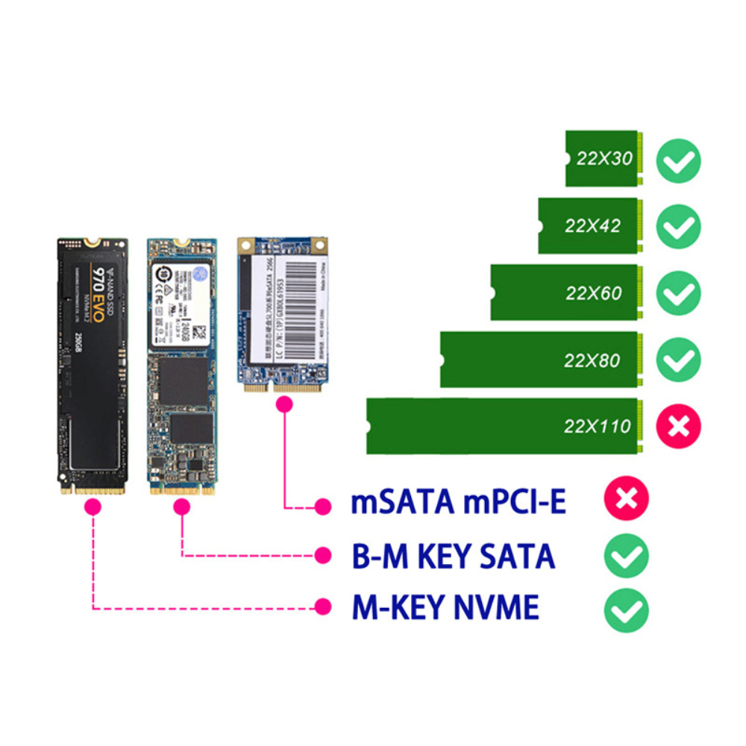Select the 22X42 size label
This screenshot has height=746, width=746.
pos(592,226)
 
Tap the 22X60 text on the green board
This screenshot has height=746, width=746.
pos(593,293)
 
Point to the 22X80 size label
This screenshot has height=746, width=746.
pos(592,360)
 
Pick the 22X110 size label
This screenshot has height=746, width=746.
pos(597,427)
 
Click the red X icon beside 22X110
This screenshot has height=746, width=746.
pos(678,427)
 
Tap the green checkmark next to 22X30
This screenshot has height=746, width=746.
pos(678,161)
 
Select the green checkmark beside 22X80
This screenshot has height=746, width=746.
pos(678,360)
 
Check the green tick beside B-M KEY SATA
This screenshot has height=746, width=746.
pos(627,555)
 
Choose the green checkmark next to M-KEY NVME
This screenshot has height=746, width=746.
pos(627,609)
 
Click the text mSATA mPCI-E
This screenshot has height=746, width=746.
pos(458,502)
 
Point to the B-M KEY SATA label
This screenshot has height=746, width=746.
pos(453,557)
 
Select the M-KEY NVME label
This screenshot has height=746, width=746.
pos(445,608)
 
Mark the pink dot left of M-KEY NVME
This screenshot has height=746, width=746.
pos(322,606)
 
